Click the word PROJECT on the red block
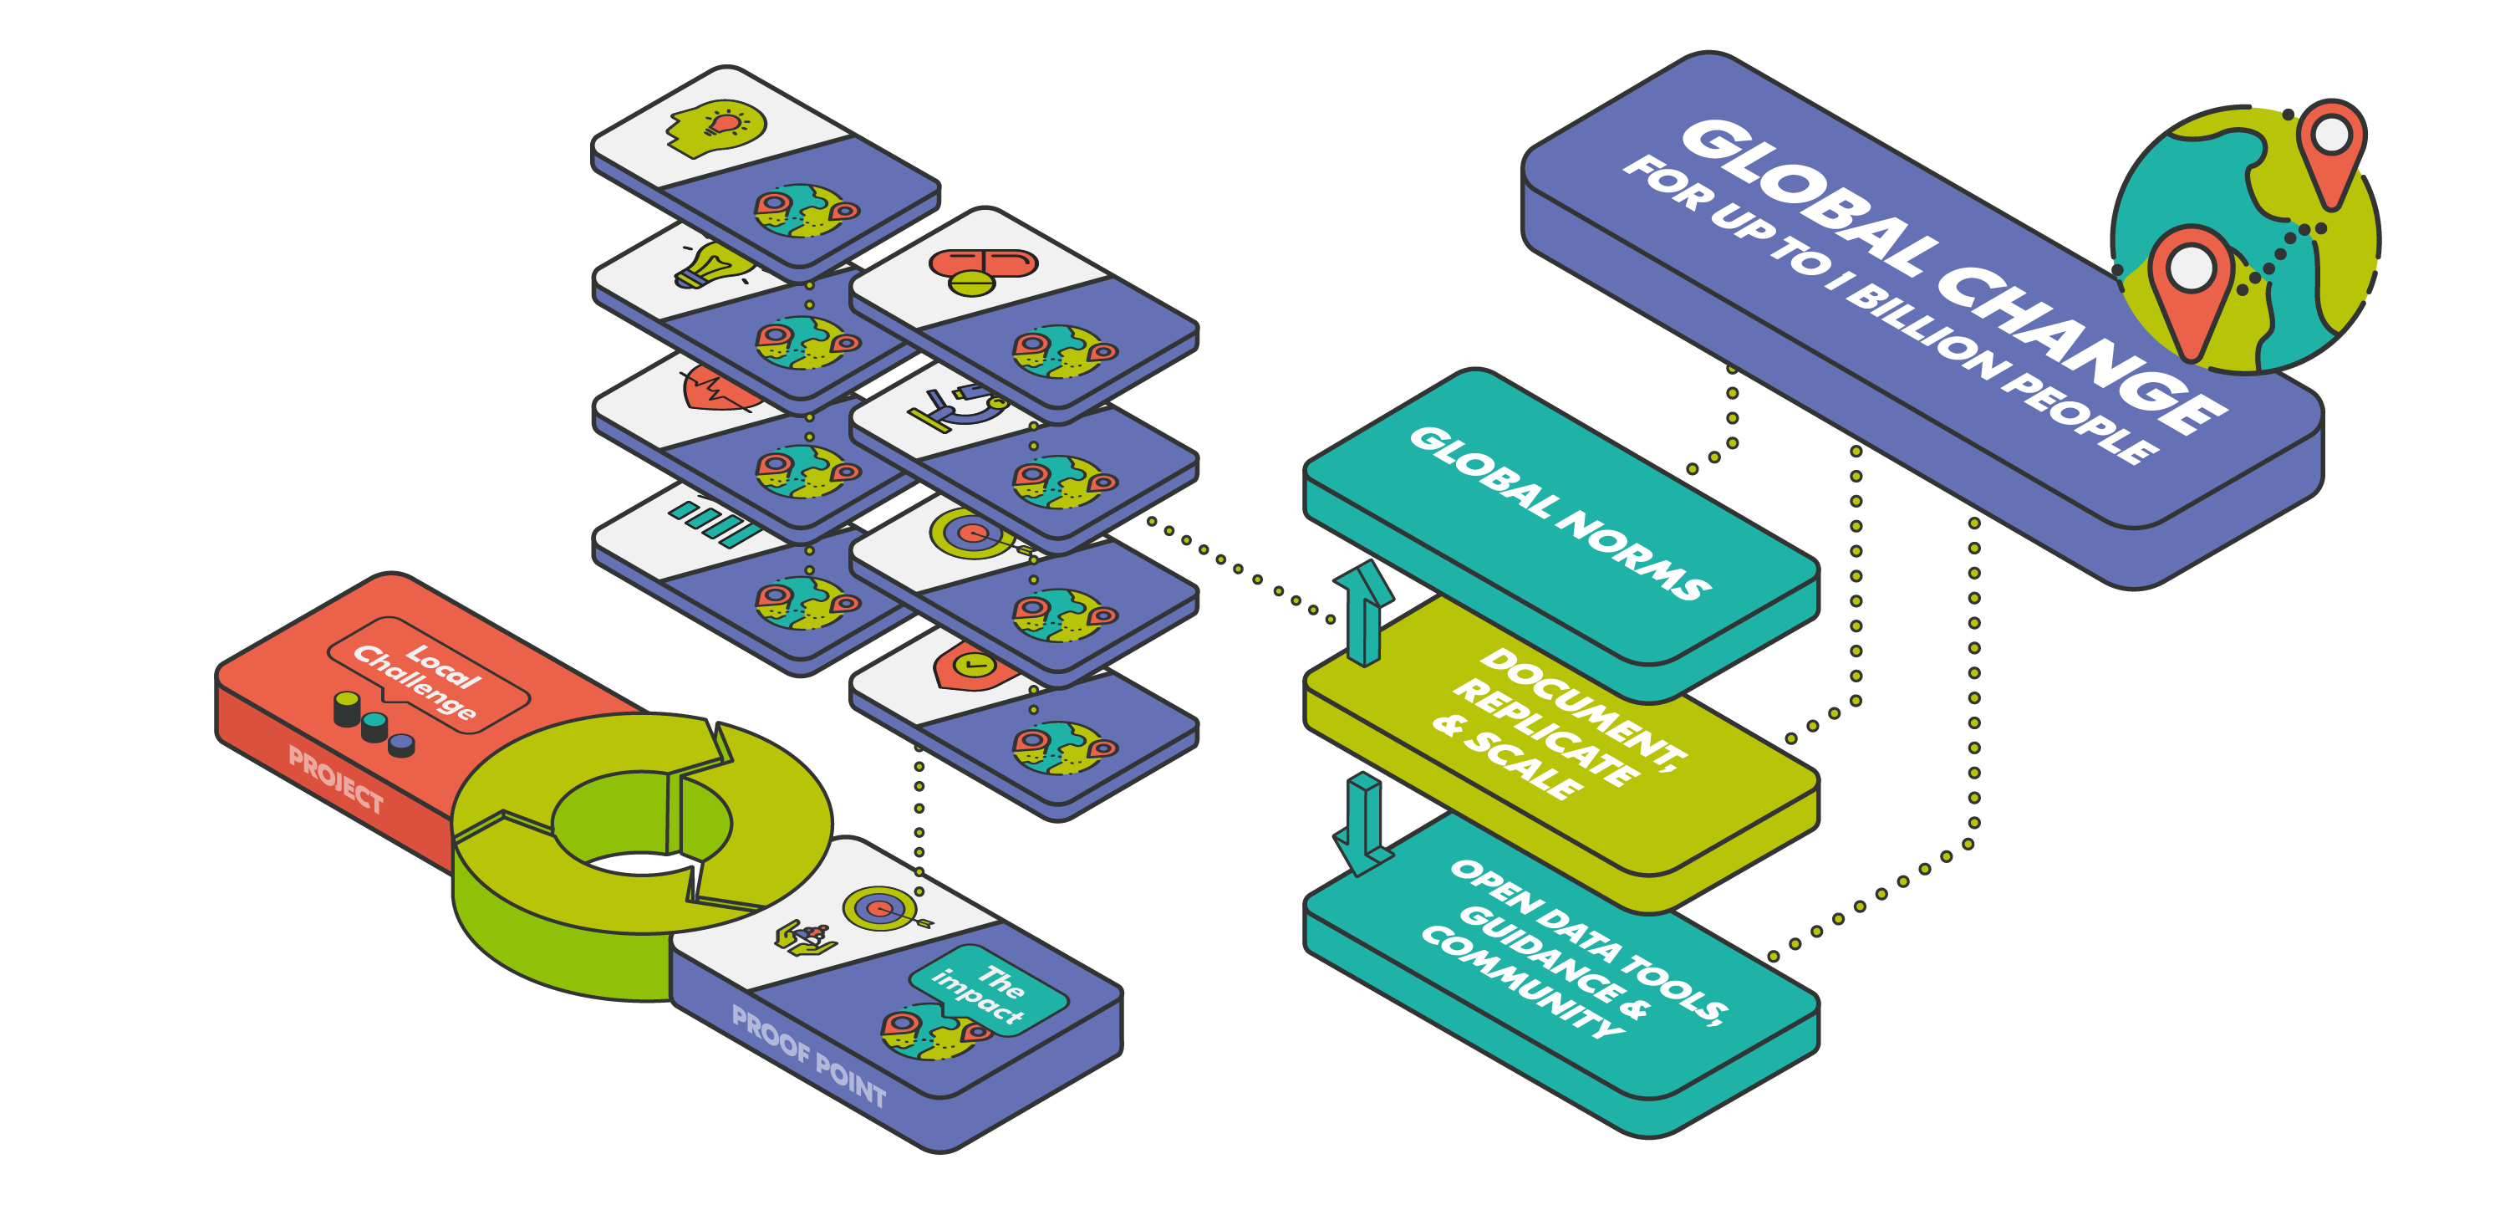[335, 778]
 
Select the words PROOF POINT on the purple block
[808, 1056]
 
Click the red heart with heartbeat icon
[720, 389]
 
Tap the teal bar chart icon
[715, 521]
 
